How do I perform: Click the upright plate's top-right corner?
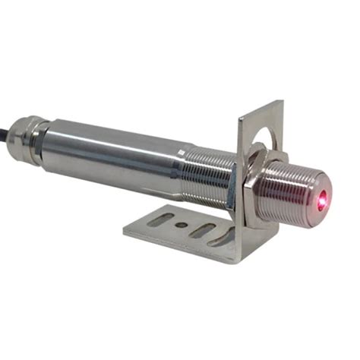coord(282,101)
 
